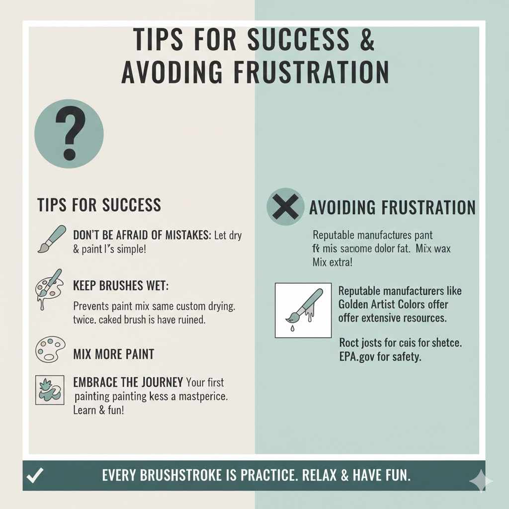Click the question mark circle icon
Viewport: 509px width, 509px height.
point(69,133)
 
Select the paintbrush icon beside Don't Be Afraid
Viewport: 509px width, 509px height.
point(51,239)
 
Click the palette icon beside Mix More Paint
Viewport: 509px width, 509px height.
point(50,350)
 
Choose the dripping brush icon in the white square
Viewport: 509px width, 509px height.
point(303,310)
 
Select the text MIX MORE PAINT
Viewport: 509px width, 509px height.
point(113,354)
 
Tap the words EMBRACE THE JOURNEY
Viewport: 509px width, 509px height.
point(128,383)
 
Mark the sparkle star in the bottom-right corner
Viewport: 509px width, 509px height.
point(481,481)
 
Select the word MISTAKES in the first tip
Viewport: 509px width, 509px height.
point(186,235)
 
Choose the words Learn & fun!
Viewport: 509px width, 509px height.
point(98,411)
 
